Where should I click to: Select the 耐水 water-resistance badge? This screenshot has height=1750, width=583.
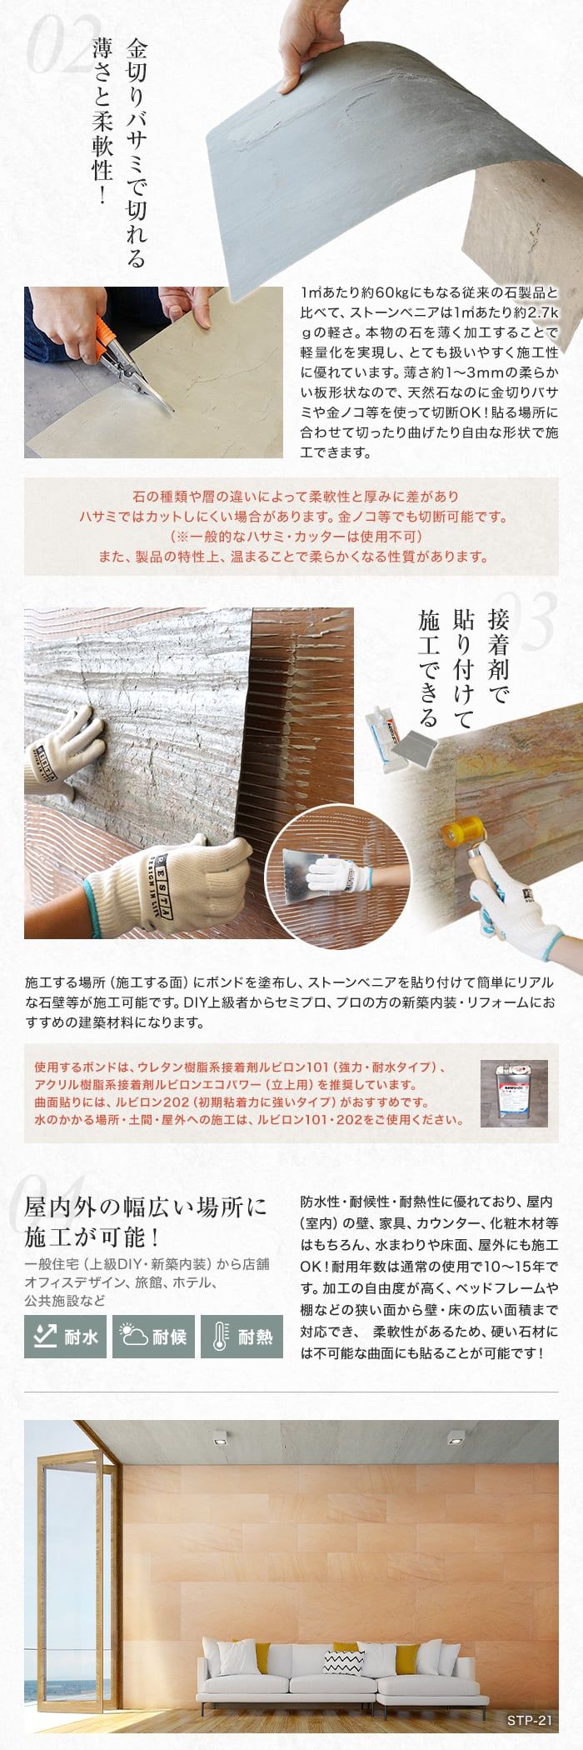tap(65, 1337)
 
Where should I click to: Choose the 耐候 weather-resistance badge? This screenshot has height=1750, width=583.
tap(152, 1337)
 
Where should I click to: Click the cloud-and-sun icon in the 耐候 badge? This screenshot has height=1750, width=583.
tap(132, 1336)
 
